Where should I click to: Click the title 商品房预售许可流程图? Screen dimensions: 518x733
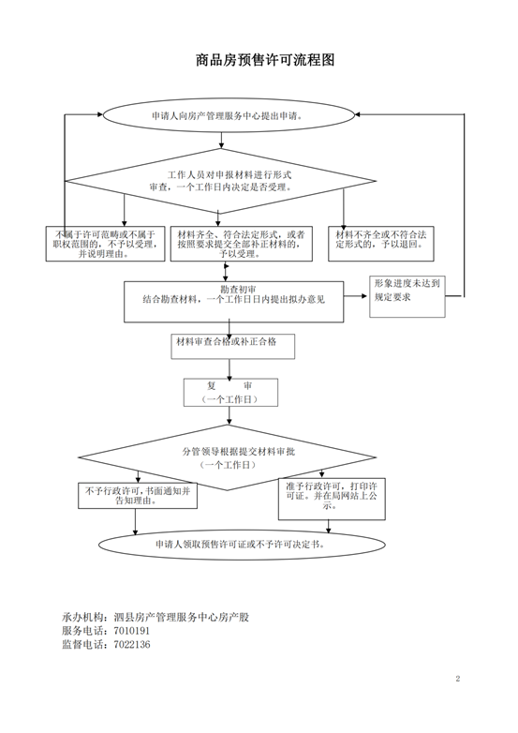pos(265,60)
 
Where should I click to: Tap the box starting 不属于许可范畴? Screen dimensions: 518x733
pos(105,244)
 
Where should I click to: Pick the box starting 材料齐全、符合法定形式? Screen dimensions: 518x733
pos(241,244)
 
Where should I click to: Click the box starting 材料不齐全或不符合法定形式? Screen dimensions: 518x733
pos(381,244)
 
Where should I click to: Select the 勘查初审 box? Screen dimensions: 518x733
pos(233,302)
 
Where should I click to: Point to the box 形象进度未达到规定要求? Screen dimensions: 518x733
pos(407,296)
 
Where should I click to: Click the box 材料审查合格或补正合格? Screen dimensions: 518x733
pos(232,346)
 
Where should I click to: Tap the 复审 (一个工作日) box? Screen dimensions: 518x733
pos(230,392)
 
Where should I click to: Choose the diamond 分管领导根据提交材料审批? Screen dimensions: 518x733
pos(227,457)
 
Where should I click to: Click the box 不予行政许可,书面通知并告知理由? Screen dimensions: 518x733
pos(138,496)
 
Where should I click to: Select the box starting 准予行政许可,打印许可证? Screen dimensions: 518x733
pos(332,499)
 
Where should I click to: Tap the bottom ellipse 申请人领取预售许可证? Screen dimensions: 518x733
pos(242,545)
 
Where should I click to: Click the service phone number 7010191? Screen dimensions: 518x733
pos(132,631)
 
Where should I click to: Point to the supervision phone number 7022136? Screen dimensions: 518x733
pos(132,645)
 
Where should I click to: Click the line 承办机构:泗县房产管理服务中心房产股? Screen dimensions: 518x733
pos(155,617)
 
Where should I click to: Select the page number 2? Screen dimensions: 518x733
pos(458,679)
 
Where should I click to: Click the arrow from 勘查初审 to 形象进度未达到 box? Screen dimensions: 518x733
pos(356,296)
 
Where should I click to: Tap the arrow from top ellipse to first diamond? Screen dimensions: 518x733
pos(221,141)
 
